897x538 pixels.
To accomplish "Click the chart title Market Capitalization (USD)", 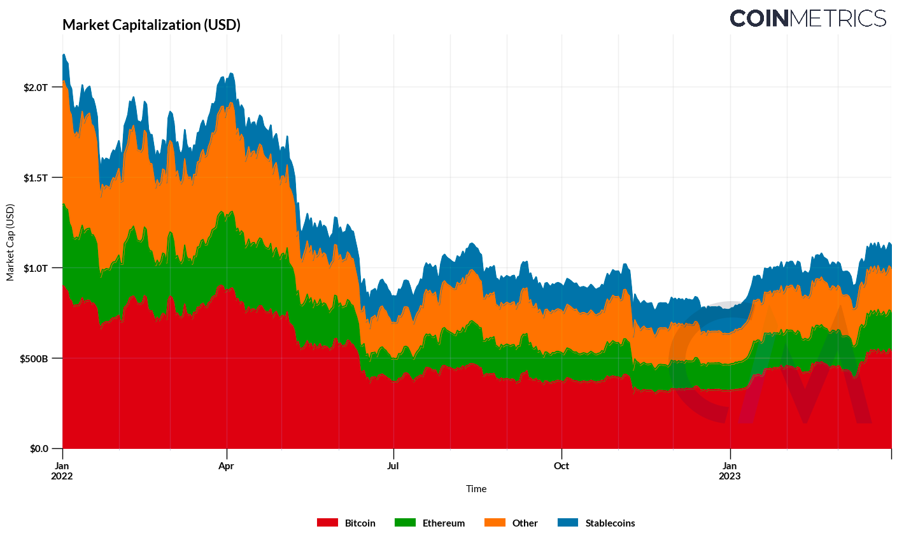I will (152, 25).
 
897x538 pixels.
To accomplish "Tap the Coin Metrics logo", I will (807, 18).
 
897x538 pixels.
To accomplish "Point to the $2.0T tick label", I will (36, 87).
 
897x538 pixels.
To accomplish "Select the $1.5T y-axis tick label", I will (36, 178).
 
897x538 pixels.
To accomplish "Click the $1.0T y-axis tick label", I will (36, 268).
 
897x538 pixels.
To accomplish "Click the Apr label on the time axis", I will (226, 466).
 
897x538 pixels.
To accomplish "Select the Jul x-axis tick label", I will (393, 466).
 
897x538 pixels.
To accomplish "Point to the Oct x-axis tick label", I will (561, 466).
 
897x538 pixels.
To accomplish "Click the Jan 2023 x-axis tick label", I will (730, 471).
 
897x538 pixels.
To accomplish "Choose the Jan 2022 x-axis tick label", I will (62, 471).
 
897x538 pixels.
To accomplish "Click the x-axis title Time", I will (476, 489).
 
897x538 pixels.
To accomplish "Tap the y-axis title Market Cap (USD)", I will (10, 243).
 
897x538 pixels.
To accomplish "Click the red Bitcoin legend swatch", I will (327, 523).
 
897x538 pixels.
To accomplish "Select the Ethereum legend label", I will (444, 523).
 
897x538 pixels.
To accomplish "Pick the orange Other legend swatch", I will (495, 523).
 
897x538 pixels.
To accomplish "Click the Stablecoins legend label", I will (610, 523).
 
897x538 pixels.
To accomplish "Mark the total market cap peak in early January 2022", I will (64, 54).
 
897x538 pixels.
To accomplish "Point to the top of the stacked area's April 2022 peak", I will (230, 73).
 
